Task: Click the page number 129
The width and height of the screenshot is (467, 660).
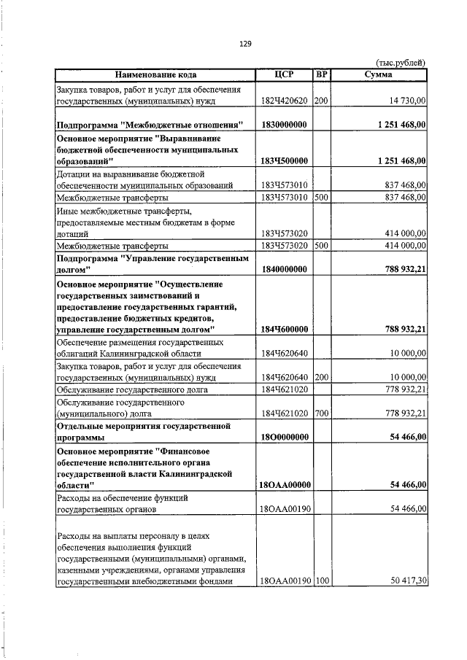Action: tap(245, 44)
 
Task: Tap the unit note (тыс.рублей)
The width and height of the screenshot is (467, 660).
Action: tap(400, 63)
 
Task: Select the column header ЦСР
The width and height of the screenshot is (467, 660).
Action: tap(283, 74)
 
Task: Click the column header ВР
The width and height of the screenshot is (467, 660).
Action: tap(322, 74)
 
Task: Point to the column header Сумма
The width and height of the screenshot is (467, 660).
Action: tap(379, 74)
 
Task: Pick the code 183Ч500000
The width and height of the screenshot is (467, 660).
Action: tap(283, 160)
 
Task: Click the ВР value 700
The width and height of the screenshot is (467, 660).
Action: tap(322, 413)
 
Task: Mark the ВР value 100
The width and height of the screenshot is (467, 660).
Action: tap(322, 581)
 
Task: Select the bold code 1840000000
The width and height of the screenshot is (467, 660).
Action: tap(283, 268)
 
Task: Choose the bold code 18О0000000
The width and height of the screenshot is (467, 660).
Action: tap(283, 436)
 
